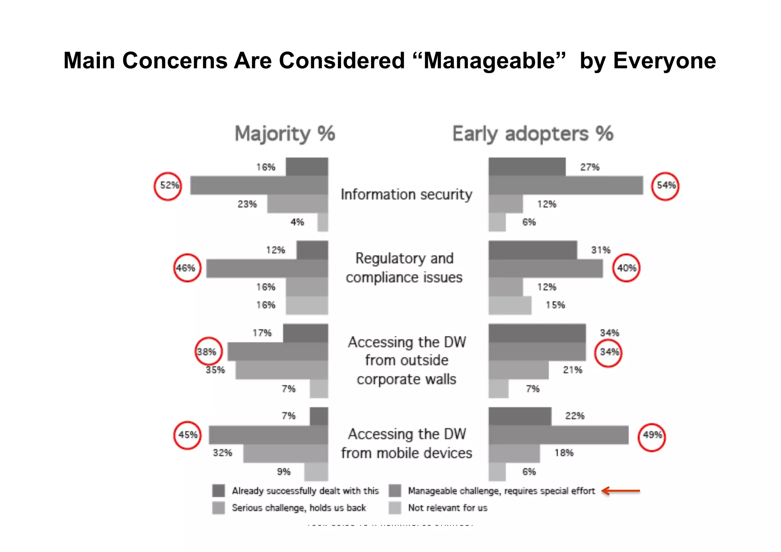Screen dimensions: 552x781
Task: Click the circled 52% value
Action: [x=168, y=186]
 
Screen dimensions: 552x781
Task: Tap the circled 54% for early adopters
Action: [x=665, y=186]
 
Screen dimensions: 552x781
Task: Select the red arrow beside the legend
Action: [x=621, y=491]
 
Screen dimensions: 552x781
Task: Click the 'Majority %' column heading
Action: [x=285, y=134]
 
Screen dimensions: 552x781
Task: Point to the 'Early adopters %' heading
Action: [x=533, y=134]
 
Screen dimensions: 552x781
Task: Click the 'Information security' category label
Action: [x=406, y=194]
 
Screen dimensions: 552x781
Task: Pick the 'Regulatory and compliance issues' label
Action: [x=404, y=268]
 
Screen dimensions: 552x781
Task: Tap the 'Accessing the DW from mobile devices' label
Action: [x=407, y=443]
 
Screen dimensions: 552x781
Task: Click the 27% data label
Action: [x=590, y=167]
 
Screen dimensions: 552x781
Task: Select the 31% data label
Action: [x=601, y=250]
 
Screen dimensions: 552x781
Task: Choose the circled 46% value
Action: [x=186, y=268]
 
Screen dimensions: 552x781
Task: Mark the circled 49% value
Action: [x=652, y=435]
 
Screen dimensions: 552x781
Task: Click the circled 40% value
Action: [x=626, y=268]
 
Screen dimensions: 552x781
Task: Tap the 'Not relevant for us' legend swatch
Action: [x=395, y=508]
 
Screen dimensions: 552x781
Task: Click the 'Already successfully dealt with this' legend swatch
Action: [x=219, y=491]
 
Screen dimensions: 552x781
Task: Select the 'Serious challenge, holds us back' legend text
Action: [x=299, y=508]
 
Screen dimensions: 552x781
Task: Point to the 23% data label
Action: [x=247, y=204]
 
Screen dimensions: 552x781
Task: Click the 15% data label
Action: [x=555, y=305]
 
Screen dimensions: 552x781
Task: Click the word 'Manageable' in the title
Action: [x=489, y=61]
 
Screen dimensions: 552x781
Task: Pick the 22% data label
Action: [x=575, y=416]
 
